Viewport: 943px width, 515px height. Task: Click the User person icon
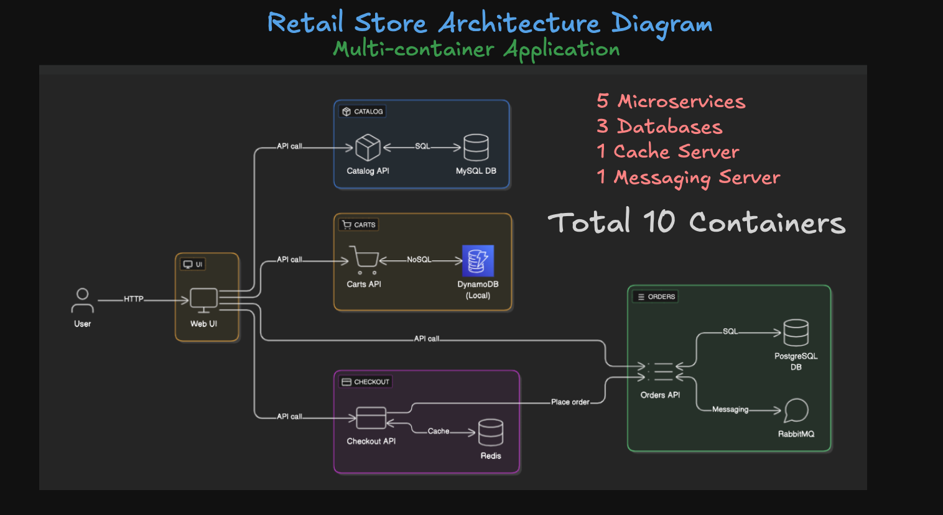click(82, 300)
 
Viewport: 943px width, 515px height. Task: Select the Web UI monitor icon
click(203, 300)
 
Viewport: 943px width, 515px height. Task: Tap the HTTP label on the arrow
click(133, 299)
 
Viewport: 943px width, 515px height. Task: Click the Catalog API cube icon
click(368, 148)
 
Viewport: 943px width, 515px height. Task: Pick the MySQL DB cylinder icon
click(476, 148)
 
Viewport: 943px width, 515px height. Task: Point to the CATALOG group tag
click(363, 111)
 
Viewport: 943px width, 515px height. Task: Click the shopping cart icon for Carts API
click(364, 260)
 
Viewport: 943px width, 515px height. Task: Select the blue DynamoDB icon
click(478, 261)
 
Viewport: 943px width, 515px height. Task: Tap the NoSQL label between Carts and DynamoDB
click(419, 260)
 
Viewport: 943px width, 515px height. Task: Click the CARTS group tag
click(359, 225)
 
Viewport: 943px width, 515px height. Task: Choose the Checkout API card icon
click(371, 418)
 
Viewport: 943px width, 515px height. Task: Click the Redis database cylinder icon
click(490, 432)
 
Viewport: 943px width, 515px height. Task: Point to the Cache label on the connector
click(438, 431)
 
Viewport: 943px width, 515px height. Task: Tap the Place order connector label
click(570, 402)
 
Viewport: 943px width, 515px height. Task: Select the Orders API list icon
click(661, 372)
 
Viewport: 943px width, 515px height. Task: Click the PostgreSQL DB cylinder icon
click(796, 333)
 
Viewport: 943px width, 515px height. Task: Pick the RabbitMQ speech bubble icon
click(796, 410)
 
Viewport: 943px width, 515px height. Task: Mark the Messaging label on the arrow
click(730, 410)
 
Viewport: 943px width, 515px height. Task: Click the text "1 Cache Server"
click(667, 151)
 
